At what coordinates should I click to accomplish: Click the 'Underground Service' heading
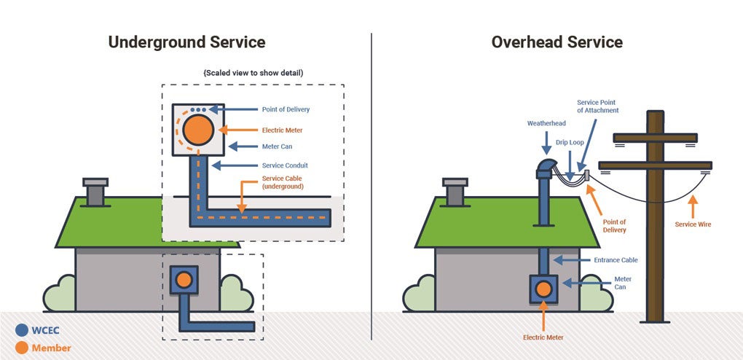(x=186, y=42)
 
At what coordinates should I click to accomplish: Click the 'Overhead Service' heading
(x=557, y=42)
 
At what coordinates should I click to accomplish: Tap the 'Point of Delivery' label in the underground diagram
(x=286, y=110)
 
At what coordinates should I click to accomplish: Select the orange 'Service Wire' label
(x=693, y=224)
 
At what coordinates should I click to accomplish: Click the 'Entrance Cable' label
(x=616, y=260)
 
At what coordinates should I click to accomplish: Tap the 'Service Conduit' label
(x=287, y=165)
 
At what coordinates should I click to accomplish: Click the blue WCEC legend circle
(x=22, y=329)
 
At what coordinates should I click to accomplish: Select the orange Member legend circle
(x=22, y=348)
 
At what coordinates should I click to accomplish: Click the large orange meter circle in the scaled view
(x=197, y=130)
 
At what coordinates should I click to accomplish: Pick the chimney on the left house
(x=95, y=192)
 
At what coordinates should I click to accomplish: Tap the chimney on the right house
(x=455, y=192)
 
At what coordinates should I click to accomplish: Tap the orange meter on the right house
(x=543, y=289)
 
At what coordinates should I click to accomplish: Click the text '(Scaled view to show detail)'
(x=253, y=73)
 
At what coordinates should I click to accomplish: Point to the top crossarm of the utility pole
(x=655, y=138)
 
